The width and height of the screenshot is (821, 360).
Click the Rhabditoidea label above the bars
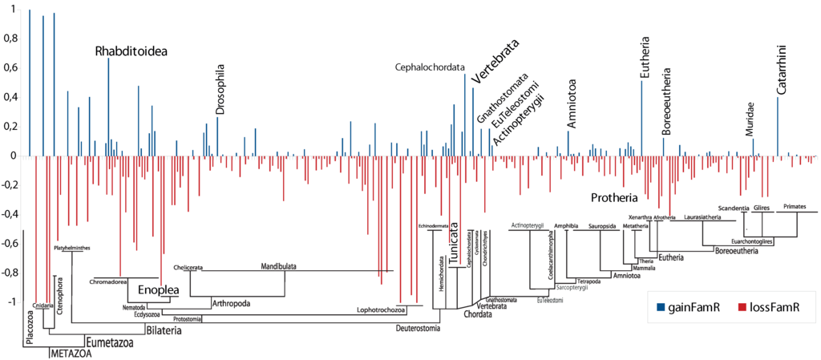131,51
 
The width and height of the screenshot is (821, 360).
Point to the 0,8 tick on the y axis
10,38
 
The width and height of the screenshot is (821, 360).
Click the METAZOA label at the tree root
71,354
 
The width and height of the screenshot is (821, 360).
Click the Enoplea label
156,289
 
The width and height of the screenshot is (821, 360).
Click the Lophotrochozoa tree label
381,309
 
